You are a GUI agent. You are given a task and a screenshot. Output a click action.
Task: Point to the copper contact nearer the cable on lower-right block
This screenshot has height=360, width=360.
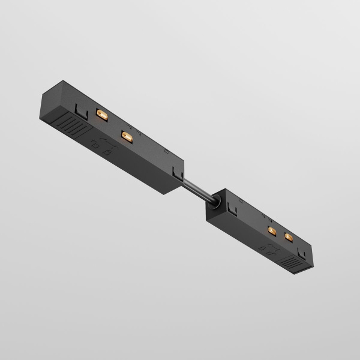pos(271,230)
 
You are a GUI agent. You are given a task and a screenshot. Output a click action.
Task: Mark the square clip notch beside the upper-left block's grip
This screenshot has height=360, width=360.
pos(79,109)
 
